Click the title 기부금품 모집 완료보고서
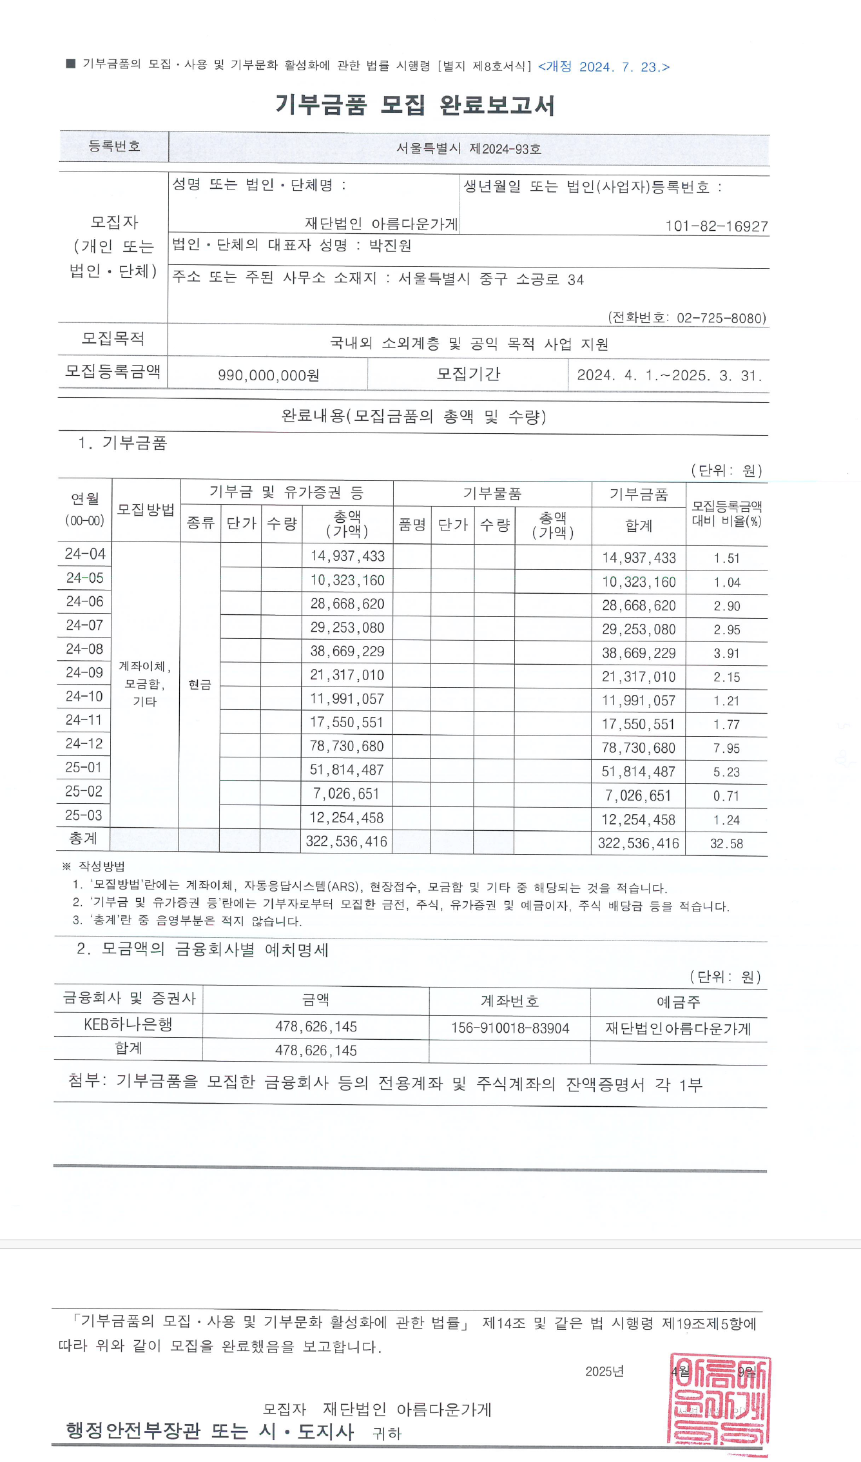click(x=414, y=104)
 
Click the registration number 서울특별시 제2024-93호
click(x=469, y=149)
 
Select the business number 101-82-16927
click(x=716, y=226)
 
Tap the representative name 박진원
click(x=390, y=246)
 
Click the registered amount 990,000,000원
click(x=268, y=375)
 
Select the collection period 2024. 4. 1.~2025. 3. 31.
click(x=669, y=375)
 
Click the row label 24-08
click(x=84, y=649)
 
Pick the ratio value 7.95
click(x=726, y=748)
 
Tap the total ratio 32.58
click(x=726, y=844)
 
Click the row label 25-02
click(x=84, y=792)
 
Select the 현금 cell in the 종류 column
click(x=200, y=685)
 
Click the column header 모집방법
click(x=146, y=510)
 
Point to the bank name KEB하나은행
click(x=128, y=1024)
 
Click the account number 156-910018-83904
click(x=510, y=1028)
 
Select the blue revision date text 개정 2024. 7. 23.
click(x=604, y=67)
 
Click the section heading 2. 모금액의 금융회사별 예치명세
click(x=202, y=950)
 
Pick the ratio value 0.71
click(x=726, y=796)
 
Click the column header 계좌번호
click(x=510, y=1001)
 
